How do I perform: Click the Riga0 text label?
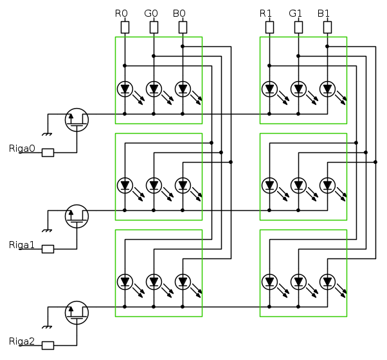pyautogui.click(x=22, y=148)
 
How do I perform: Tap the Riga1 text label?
pyautogui.click(x=22, y=245)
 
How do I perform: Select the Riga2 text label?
pyautogui.click(x=22, y=341)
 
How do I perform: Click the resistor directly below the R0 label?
pyautogui.click(x=125, y=27)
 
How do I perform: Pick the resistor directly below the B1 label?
pyautogui.click(x=327, y=27)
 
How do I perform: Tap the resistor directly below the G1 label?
pyautogui.click(x=298, y=27)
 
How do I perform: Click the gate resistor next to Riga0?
pyautogui.click(x=48, y=153)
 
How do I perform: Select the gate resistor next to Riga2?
pyautogui.click(x=48, y=345)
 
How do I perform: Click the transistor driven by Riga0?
pyautogui.click(x=77, y=119)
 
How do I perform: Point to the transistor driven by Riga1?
pyautogui.click(x=77, y=215)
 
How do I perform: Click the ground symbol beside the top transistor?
pyautogui.click(x=46, y=134)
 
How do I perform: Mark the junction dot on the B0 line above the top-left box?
pyautogui.click(x=183, y=46)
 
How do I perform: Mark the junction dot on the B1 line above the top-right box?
pyautogui.click(x=327, y=46)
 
